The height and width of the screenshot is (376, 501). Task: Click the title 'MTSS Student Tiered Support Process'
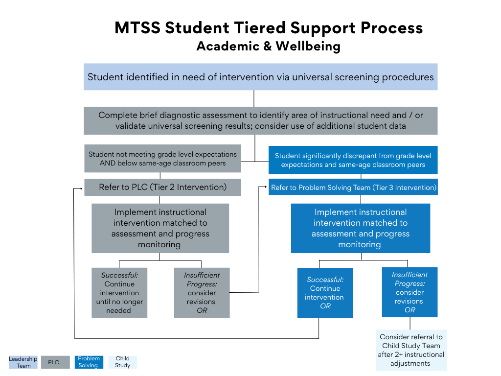click(x=269, y=27)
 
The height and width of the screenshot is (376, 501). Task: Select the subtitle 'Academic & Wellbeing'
click(x=269, y=47)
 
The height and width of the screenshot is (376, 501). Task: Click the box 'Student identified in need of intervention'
click(x=260, y=77)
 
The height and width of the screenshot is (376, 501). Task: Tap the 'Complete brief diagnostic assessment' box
click(x=260, y=120)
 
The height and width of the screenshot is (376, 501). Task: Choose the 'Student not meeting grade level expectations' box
click(x=162, y=159)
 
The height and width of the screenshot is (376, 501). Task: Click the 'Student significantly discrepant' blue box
click(x=353, y=160)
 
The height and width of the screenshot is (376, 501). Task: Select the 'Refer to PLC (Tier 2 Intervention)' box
click(x=162, y=187)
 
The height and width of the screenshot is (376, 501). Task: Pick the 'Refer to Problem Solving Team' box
click(x=353, y=187)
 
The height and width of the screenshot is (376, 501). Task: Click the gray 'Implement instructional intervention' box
click(x=160, y=228)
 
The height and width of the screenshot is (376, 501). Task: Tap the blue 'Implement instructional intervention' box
click(x=360, y=228)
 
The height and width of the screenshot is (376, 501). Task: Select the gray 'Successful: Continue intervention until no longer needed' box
click(x=119, y=292)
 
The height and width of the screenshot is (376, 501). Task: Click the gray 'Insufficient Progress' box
click(x=202, y=292)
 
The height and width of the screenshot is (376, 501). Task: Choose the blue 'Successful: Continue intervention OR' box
click(x=325, y=293)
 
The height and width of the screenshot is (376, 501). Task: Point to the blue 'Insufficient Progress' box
click(x=410, y=292)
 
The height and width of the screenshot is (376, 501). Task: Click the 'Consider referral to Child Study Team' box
click(x=411, y=350)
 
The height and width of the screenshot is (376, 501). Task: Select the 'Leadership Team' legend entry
click(x=23, y=362)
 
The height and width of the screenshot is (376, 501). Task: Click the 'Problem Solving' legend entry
click(x=89, y=362)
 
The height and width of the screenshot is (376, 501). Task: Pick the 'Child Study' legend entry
click(x=123, y=362)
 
